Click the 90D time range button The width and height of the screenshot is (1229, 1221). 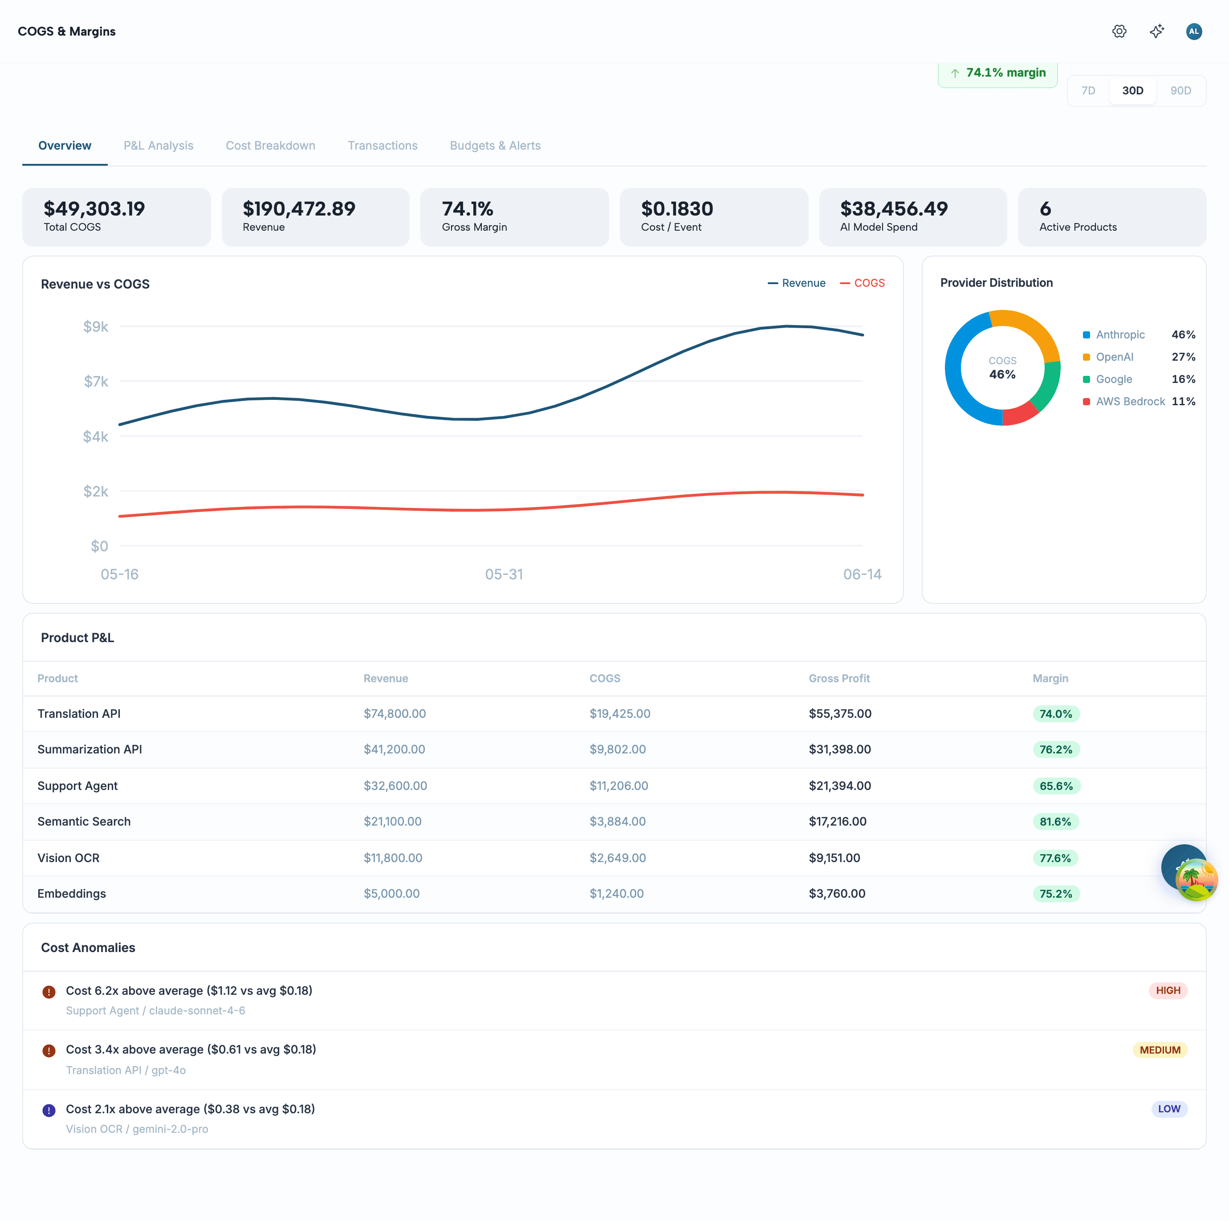click(x=1180, y=90)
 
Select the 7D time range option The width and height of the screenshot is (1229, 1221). click(x=1088, y=90)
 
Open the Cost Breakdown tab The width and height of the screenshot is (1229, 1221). click(x=270, y=146)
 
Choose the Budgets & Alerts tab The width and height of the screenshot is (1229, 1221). click(x=495, y=146)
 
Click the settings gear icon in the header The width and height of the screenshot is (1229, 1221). click(x=1119, y=31)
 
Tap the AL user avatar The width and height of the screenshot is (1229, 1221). click(x=1193, y=31)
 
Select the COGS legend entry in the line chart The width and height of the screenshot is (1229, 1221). click(x=862, y=283)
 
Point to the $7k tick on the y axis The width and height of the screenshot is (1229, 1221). click(x=96, y=381)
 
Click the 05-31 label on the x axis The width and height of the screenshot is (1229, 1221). click(x=504, y=574)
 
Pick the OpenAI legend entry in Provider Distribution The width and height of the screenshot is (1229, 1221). click(x=1114, y=357)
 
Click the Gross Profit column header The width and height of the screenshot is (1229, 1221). click(x=839, y=678)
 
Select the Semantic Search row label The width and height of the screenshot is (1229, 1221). click(x=84, y=822)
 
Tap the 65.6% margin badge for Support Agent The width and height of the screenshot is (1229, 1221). click(x=1056, y=786)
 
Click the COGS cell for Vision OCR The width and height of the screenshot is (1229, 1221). click(x=617, y=858)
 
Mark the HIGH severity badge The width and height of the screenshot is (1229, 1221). click(x=1168, y=991)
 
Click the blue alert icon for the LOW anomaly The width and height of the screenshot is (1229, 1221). click(x=49, y=1110)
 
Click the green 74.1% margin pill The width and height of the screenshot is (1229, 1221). click(x=997, y=73)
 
